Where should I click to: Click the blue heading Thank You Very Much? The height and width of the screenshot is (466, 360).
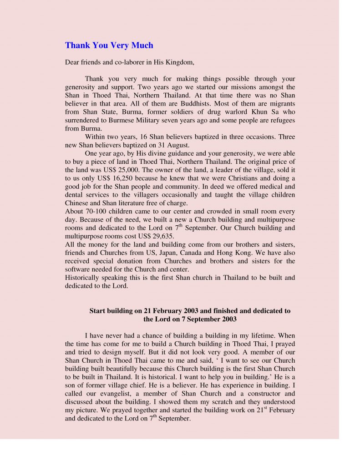point(109,46)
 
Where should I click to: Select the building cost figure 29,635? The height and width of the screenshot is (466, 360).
point(157,237)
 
